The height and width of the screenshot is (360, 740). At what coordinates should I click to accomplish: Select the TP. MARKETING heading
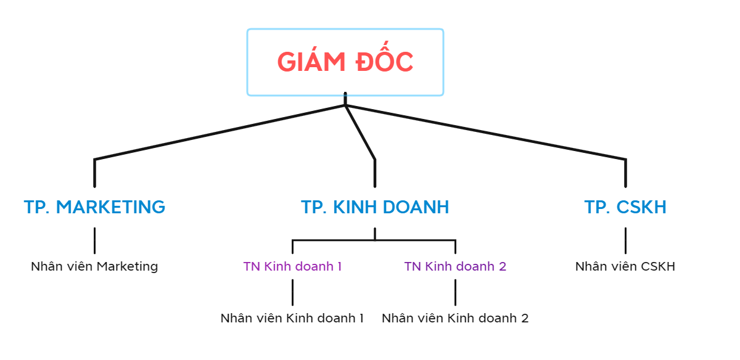94,207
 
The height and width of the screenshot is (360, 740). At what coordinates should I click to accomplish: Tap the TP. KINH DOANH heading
375,207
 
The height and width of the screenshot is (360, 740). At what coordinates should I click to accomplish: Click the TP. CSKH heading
625,207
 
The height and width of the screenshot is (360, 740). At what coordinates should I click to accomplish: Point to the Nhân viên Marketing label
94,266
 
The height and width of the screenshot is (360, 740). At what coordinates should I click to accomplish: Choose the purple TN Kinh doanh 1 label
292,266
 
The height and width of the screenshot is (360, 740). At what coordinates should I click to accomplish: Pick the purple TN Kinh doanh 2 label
455,266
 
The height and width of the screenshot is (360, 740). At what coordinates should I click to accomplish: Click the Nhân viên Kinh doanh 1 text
292,318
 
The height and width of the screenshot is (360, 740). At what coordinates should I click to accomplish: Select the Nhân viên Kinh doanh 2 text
455,318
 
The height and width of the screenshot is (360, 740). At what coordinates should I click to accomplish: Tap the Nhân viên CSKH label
625,266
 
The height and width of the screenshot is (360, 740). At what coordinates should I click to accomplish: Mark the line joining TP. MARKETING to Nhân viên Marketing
94,240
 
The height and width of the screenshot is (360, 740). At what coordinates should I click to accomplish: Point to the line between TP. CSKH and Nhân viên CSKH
625,240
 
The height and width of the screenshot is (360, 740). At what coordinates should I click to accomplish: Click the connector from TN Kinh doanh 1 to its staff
292,292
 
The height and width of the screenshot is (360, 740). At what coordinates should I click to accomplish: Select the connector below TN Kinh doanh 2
455,292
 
